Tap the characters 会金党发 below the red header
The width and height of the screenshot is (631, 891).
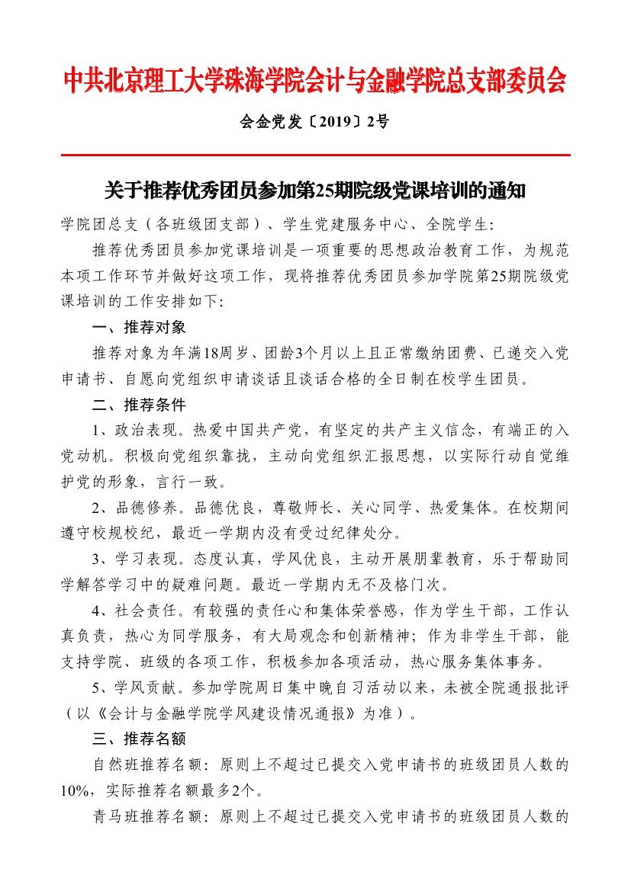coord(272,121)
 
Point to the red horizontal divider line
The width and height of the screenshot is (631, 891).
coord(315,155)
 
